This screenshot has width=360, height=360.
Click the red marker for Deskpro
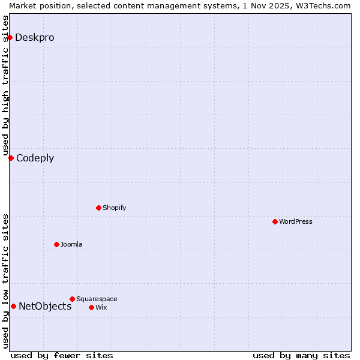[x=10, y=37]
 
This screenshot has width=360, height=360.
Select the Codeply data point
[x=11, y=158]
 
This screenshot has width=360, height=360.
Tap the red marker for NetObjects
[x=13, y=306]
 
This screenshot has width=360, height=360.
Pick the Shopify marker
[x=98, y=208]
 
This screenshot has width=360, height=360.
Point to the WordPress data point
[x=275, y=221]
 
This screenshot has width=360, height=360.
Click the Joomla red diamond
[x=56, y=244]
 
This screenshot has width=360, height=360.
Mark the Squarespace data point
[x=72, y=299]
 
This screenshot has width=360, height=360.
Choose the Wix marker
[x=91, y=307]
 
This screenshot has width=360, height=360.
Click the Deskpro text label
[x=35, y=37]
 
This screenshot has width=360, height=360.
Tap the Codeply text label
[x=35, y=158]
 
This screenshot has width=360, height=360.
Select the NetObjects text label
[x=45, y=306]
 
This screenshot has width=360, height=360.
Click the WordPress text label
[x=296, y=221]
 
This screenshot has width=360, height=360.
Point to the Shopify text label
[x=114, y=208]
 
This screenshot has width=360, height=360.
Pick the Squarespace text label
[x=97, y=299]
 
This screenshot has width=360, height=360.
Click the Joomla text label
[x=71, y=244]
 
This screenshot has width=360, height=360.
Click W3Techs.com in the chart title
[x=324, y=5]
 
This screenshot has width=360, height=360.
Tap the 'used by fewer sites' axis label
[x=62, y=355]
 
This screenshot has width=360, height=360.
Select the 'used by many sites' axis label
[x=301, y=355]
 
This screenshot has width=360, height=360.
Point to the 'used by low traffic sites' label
[x=5, y=281]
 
